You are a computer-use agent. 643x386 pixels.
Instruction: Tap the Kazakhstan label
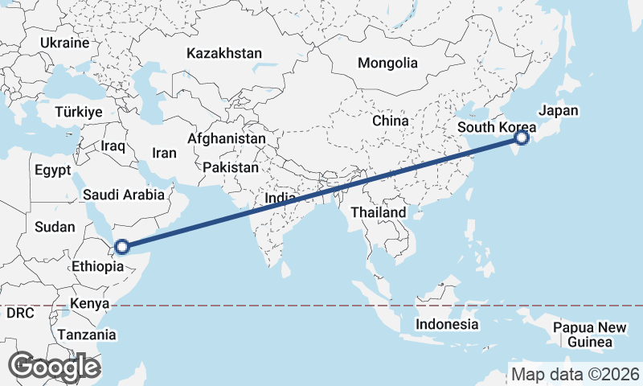click(x=224, y=54)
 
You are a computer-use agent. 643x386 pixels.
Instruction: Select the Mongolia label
click(x=388, y=63)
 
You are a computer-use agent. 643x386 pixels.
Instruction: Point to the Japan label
click(x=559, y=111)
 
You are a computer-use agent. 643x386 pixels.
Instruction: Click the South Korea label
click(x=497, y=128)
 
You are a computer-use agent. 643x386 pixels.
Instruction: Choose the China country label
click(x=391, y=121)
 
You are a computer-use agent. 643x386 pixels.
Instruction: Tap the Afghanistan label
click(x=227, y=138)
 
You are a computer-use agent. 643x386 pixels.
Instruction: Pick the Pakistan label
click(x=231, y=168)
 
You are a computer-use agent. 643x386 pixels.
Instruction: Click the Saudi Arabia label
click(x=124, y=194)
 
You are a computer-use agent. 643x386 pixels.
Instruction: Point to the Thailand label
click(x=379, y=212)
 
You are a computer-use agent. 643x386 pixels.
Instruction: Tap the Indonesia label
click(x=447, y=324)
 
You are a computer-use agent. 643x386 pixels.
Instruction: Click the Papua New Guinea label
click(x=590, y=335)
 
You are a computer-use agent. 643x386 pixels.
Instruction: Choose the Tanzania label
click(x=87, y=335)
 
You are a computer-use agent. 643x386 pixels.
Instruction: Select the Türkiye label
click(x=79, y=113)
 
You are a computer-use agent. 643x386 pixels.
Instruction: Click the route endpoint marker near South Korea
click(x=522, y=138)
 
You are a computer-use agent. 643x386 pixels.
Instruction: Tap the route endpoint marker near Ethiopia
click(x=122, y=247)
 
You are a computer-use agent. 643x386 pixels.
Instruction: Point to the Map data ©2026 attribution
click(x=575, y=374)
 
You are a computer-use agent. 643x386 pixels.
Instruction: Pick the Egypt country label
click(x=53, y=170)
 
